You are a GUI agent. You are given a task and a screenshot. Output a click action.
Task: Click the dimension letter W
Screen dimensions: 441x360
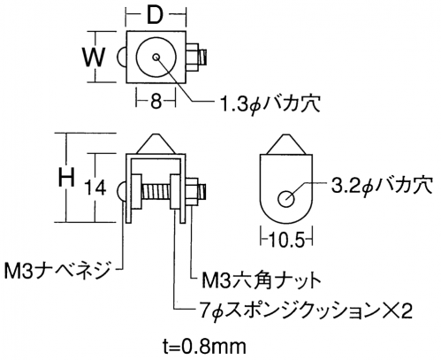point(94,57)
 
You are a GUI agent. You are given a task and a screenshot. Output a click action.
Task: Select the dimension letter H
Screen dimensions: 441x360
point(66,177)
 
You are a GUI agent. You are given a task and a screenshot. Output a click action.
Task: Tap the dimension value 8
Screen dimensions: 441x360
point(156,102)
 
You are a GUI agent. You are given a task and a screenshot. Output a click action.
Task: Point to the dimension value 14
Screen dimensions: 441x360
point(95,188)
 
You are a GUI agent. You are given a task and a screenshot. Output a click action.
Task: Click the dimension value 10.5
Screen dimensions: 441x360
point(286,241)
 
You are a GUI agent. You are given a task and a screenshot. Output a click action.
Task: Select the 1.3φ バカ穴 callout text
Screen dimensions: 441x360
point(270,103)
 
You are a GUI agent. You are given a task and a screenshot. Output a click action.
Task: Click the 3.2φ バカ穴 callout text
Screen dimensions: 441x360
point(382,185)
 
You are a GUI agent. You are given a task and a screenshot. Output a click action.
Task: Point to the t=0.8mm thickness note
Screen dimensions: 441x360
point(204,347)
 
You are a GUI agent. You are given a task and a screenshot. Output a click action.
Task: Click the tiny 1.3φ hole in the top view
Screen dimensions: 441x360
point(156,57)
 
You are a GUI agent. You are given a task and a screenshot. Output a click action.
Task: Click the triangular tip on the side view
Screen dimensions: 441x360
point(286,144)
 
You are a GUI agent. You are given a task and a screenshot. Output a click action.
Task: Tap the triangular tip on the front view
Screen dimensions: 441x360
point(156,144)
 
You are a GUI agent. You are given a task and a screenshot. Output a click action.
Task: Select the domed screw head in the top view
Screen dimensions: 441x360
point(122,57)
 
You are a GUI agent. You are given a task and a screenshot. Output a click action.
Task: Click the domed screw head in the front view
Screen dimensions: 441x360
point(122,193)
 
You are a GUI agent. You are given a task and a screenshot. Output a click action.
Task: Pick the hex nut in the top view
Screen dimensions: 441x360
point(193,57)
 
